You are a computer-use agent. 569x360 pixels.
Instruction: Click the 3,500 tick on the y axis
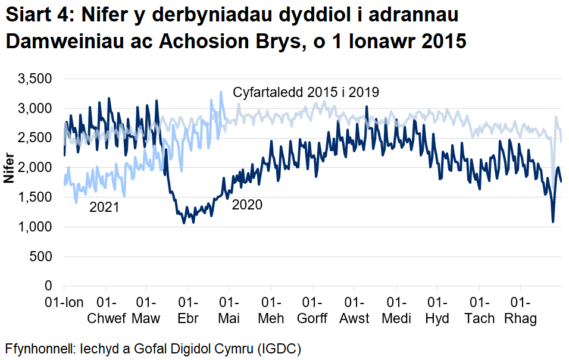36,79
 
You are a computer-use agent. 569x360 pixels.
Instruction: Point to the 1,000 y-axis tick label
36,227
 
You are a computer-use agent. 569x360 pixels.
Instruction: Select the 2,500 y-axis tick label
36,138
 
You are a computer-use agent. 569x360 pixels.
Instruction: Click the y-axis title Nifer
9,168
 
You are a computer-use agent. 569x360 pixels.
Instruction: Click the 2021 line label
104,208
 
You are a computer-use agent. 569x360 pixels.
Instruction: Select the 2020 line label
247,205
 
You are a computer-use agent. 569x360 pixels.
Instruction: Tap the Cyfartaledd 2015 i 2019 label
306,92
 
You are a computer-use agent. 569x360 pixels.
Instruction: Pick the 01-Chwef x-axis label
107,310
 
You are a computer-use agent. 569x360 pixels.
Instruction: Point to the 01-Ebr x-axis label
188,310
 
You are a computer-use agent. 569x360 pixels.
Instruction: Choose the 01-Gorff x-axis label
312,310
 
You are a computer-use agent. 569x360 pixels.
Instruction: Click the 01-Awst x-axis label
354,310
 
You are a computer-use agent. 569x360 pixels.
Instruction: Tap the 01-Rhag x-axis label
521,310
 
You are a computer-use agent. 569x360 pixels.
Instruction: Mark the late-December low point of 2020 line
553,222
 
